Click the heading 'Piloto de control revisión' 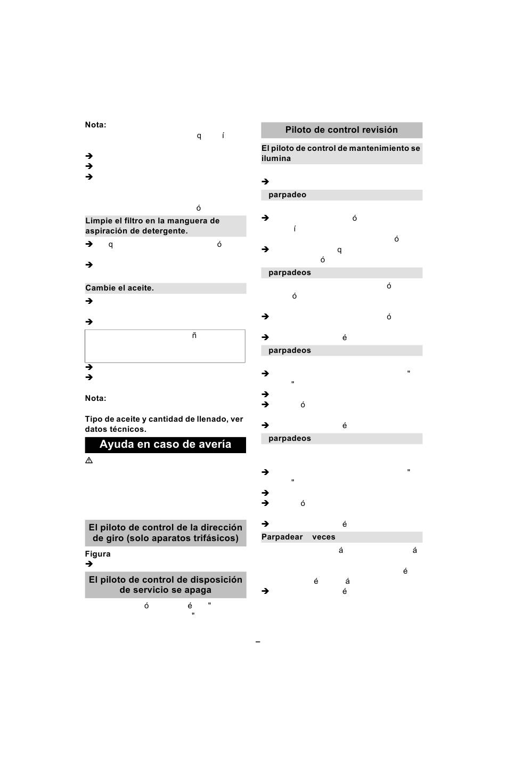click(x=341, y=130)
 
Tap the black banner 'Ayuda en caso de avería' click(x=165, y=445)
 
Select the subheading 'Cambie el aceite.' click(x=120, y=288)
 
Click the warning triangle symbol click(x=89, y=460)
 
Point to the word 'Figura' click(x=98, y=554)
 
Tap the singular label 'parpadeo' click(x=287, y=195)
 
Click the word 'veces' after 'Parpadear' click(x=324, y=537)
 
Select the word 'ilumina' click(x=276, y=158)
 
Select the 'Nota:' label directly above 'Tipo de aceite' click(x=95, y=398)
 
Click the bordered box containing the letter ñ click(x=165, y=346)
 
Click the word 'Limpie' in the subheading click(x=99, y=221)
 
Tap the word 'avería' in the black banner click(x=213, y=445)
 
